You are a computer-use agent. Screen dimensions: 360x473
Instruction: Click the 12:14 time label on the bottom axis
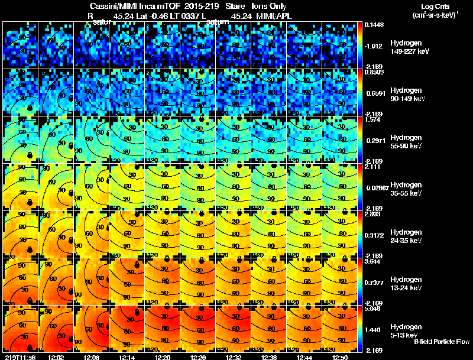pos(127,357)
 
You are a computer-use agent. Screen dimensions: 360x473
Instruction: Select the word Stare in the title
pos(235,7)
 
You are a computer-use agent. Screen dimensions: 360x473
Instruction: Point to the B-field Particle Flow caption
pos(441,342)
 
